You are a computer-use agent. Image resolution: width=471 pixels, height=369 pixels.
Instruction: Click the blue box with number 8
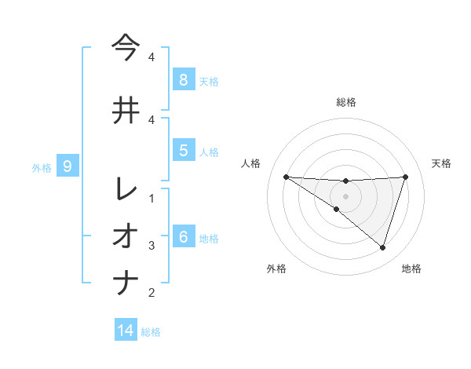click(183, 79)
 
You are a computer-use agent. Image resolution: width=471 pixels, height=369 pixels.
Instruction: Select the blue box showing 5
click(183, 151)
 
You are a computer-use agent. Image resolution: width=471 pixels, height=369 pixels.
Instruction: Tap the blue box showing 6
click(183, 237)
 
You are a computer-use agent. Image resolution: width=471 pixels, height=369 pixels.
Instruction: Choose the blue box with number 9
click(68, 166)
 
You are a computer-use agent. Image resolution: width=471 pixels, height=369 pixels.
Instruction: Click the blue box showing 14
click(126, 331)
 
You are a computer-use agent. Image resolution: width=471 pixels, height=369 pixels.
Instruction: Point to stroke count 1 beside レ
click(152, 199)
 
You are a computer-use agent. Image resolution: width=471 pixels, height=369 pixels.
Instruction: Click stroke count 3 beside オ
click(152, 246)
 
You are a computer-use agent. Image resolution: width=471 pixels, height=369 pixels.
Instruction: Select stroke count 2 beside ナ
click(152, 293)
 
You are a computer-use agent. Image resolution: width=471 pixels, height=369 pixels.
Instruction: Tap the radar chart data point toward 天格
click(405, 177)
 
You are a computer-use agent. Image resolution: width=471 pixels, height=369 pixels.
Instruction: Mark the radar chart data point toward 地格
click(382, 248)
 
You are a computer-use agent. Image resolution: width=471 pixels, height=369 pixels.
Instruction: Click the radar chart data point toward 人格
click(286, 177)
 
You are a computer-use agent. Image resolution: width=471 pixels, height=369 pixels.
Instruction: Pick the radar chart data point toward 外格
click(337, 210)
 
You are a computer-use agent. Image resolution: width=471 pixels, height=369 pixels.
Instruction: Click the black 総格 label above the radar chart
click(345, 102)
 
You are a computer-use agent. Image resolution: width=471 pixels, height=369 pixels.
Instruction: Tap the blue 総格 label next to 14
click(151, 331)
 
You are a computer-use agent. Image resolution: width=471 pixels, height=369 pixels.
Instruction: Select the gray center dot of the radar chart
click(345, 196)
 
